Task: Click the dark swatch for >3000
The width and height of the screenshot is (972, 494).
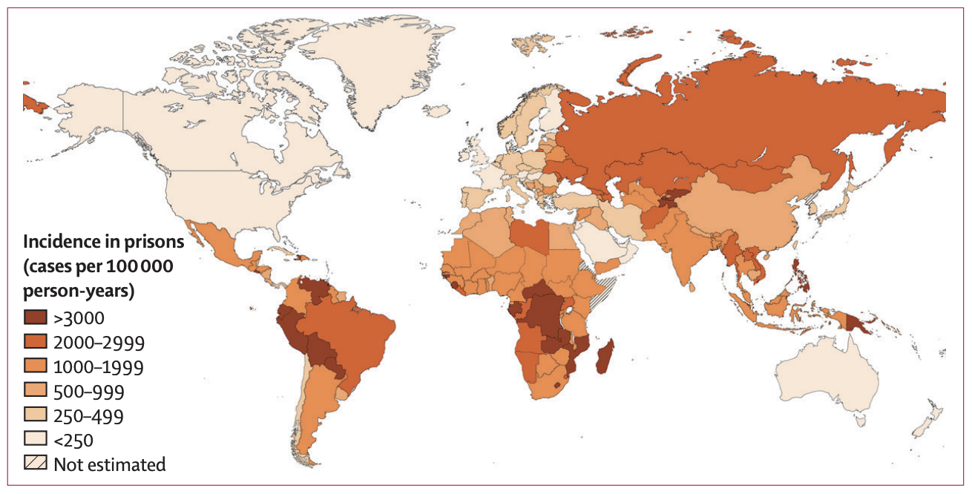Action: (36, 318)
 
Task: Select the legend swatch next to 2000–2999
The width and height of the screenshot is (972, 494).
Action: (36, 343)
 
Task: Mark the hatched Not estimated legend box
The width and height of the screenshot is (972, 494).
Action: (36, 464)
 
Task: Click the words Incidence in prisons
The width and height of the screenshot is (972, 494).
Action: (103, 241)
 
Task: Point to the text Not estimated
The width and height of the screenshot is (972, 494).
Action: (109, 465)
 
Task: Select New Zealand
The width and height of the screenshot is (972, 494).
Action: (927, 423)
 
